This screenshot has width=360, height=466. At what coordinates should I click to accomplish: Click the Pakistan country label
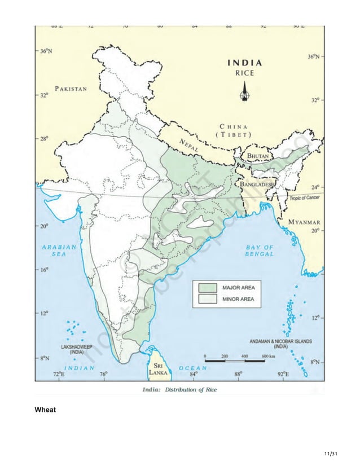(71, 89)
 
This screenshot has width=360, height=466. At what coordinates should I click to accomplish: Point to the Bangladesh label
(257, 184)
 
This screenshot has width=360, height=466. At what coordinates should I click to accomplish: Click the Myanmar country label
(305, 222)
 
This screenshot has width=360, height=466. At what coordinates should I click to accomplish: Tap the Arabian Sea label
(59, 250)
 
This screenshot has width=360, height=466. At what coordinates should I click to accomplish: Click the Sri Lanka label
(156, 369)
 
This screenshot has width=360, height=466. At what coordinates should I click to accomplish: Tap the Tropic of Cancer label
(305, 199)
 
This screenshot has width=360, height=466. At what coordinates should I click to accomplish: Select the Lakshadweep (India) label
(77, 348)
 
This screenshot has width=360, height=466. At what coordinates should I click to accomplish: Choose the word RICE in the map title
(245, 72)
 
